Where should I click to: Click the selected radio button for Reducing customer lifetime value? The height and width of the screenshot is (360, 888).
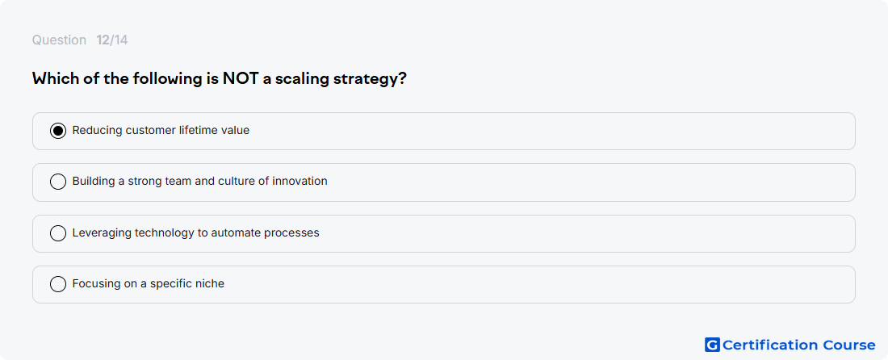(58, 131)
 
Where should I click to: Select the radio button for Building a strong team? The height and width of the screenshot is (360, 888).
(58, 182)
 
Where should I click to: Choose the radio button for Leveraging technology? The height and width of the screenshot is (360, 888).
(58, 233)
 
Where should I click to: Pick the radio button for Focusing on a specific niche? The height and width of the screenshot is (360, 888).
(58, 284)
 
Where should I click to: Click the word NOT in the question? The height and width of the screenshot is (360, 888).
(241, 78)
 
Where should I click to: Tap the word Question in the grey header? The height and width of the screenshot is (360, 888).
(59, 40)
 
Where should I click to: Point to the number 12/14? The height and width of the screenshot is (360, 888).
(112, 40)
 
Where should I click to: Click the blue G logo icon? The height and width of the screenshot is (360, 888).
(712, 345)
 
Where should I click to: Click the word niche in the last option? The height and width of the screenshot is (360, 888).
(209, 283)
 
